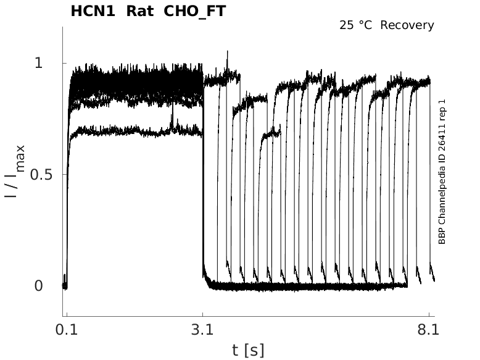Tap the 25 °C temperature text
tap(357, 25)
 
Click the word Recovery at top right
tap(407, 25)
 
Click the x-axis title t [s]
tap(248, 350)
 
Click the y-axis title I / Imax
tap(15, 172)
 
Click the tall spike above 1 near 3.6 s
tap(228, 54)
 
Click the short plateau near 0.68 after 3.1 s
tap(271, 133)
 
